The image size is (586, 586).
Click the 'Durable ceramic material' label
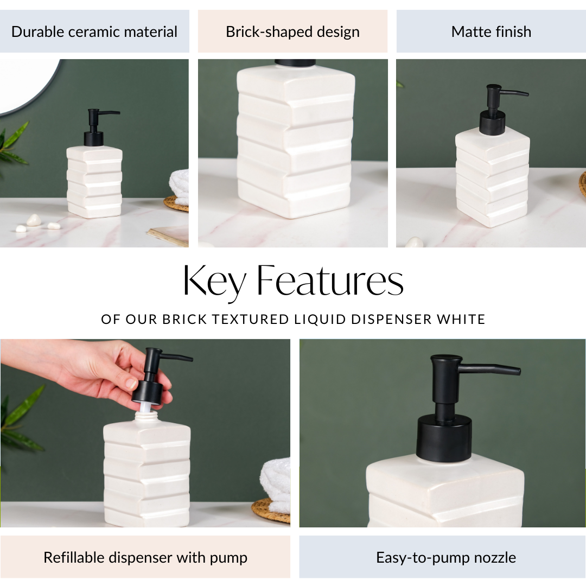tap(94, 31)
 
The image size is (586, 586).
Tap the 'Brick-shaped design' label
tap(292, 31)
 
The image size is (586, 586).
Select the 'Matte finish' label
tap(491, 31)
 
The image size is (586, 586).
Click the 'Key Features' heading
tap(293, 281)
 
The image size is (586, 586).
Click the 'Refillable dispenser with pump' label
tap(145, 557)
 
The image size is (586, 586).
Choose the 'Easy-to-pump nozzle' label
tap(446, 557)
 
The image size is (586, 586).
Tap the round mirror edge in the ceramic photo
tap(33, 103)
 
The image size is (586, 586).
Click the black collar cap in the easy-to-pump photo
tap(444, 437)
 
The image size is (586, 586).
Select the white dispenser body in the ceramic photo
tap(94, 182)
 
